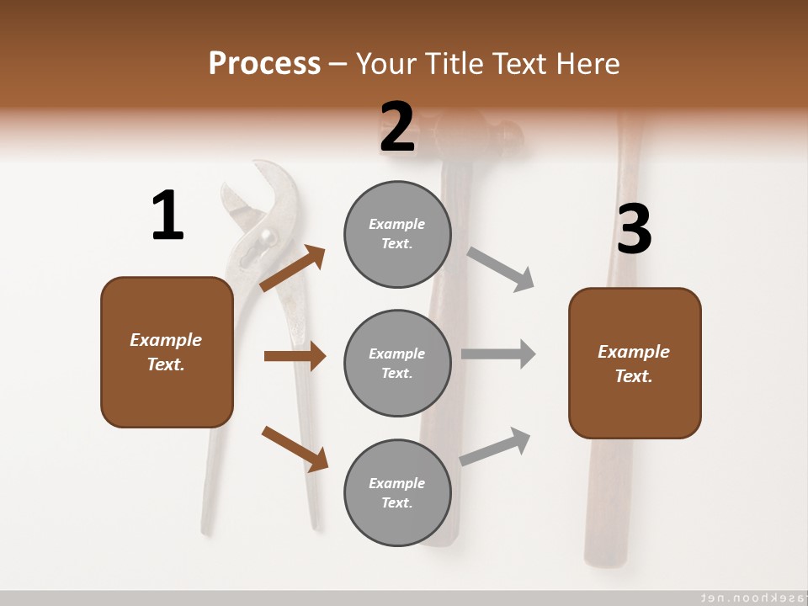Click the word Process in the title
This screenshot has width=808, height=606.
click(x=264, y=63)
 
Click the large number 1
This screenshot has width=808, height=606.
click(x=167, y=216)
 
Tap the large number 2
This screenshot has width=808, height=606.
click(x=397, y=127)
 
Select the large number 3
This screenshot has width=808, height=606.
click(x=634, y=230)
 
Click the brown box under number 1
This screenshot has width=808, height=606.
click(x=167, y=352)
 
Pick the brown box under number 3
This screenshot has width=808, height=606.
click(x=635, y=363)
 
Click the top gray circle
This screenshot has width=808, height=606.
click(x=397, y=234)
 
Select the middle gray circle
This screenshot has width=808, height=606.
click(x=397, y=363)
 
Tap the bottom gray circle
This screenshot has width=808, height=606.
click(x=397, y=492)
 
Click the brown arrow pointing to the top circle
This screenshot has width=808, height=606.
click(x=293, y=268)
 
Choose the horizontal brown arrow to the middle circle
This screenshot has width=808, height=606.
click(x=295, y=356)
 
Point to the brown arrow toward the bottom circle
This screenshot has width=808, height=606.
click(x=295, y=449)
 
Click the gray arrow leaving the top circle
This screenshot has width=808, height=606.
click(x=501, y=269)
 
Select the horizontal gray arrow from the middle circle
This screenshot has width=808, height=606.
click(x=498, y=353)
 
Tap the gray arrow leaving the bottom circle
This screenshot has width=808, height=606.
click(x=496, y=446)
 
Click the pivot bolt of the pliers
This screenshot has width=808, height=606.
click(x=266, y=237)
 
